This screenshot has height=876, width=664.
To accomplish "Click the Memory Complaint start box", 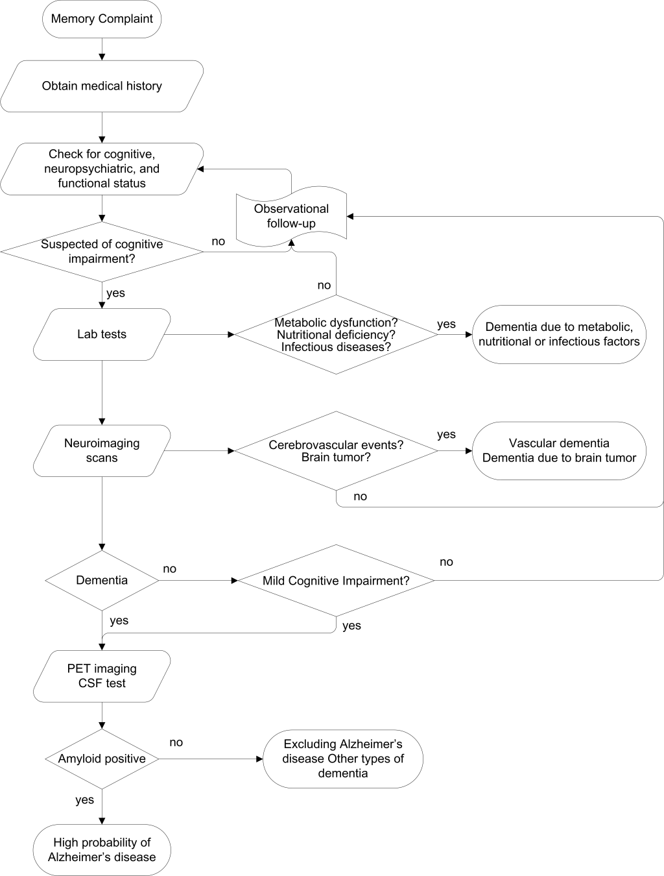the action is [x=102, y=19].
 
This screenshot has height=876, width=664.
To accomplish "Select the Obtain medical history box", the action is [x=102, y=86].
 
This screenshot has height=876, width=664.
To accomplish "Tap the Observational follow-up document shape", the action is [x=291, y=216].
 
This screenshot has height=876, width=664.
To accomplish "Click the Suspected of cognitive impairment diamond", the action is [x=102, y=252].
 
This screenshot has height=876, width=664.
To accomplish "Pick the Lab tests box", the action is [x=102, y=334].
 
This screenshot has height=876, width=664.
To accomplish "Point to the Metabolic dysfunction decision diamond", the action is [x=336, y=334].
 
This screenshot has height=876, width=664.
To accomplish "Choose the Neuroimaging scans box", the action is [x=102, y=450].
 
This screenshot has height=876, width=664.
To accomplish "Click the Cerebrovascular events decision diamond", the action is [x=336, y=450].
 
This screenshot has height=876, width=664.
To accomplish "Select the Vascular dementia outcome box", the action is [x=559, y=450].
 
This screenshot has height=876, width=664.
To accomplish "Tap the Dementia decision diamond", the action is [x=102, y=580].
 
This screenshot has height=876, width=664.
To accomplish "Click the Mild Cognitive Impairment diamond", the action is [x=336, y=580].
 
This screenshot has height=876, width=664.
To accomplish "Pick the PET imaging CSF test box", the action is [x=102, y=676].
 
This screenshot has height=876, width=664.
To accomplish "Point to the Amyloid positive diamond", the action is [x=102, y=759].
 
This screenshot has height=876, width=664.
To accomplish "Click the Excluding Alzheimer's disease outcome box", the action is [x=343, y=759].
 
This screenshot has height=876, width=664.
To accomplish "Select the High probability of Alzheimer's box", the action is [x=102, y=850].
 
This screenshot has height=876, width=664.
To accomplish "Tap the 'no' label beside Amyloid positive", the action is [x=176, y=742].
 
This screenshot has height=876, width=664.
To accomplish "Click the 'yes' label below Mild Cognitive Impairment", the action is [x=351, y=626].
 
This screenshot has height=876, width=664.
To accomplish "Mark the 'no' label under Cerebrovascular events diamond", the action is [x=360, y=496].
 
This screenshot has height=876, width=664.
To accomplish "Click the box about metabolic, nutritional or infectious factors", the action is [x=559, y=334].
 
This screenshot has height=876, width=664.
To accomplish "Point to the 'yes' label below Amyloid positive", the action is [x=84, y=800].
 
